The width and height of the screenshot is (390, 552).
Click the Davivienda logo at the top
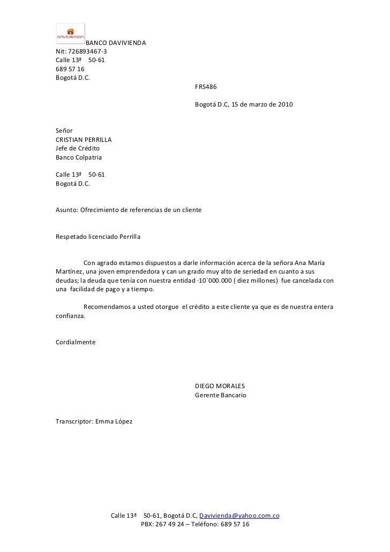(71, 33)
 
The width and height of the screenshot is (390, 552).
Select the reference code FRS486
(206, 86)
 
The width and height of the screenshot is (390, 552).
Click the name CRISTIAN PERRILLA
(84, 140)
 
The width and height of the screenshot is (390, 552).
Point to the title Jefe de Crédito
(78, 148)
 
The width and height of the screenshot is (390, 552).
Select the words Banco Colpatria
(78, 157)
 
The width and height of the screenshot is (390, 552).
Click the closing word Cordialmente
(76, 342)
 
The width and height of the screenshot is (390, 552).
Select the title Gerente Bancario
(220, 395)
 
